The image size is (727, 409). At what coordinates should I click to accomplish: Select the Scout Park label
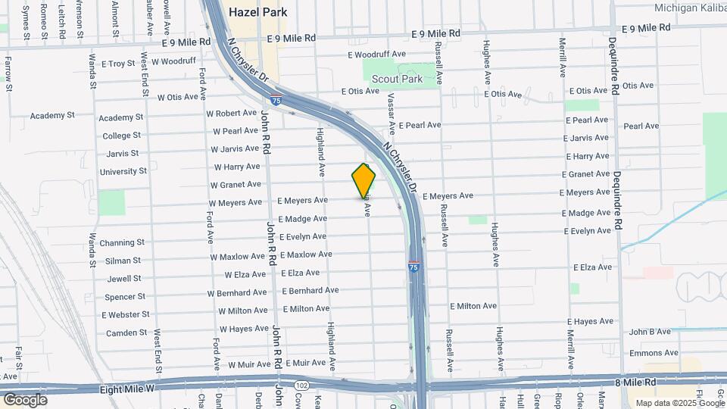pyautogui.click(x=402, y=78)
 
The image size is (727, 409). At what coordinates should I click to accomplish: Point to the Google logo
pyautogui.click(x=25, y=399)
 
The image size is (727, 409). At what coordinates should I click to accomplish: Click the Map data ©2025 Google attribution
pyautogui.click(x=679, y=403)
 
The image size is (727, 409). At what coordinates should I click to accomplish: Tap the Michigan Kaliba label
pyautogui.click(x=690, y=8)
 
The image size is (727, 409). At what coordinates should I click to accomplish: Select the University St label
pyautogui.click(x=123, y=172)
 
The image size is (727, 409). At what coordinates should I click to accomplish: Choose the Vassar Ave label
pyautogui.click(x=391, y=111)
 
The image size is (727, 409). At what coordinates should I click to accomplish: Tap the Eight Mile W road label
pyautogui.click(x=126, y=389)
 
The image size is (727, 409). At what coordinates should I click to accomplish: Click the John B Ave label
pyautogui.click(x=650, y=332)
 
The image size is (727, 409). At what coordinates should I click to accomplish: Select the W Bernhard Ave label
pyautogui.click(x=237, y=292)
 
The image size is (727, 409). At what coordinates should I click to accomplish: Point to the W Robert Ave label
pyautogui.click(x=232, y=113)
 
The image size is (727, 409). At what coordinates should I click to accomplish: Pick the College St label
pyautogui.click(x=121, y=136)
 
